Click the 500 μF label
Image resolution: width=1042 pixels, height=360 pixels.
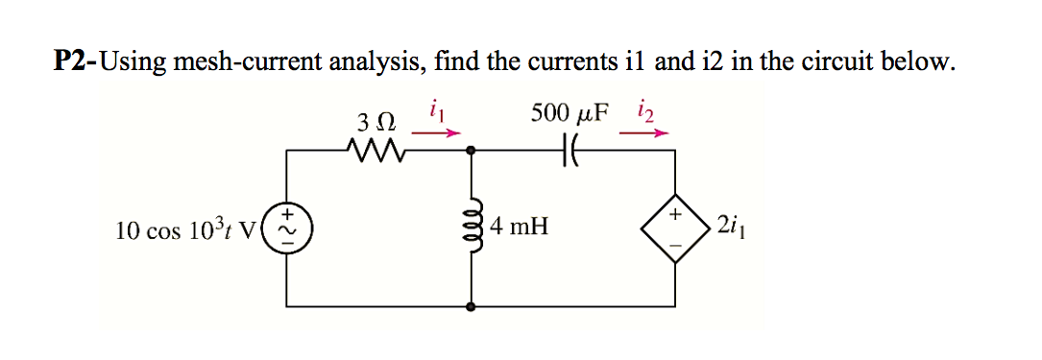tap(569, 112)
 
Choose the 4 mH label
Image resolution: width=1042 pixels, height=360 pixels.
tap(519, 228)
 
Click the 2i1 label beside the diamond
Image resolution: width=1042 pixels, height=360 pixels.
tap(727, 228)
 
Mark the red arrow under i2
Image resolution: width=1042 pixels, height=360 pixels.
tap(643, 134)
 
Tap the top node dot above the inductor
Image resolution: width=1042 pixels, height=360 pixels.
tap(472, 151)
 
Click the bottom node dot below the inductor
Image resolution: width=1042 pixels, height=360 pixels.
tap(472, 307)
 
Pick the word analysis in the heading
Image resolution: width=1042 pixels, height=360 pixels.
tap(377, 64)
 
